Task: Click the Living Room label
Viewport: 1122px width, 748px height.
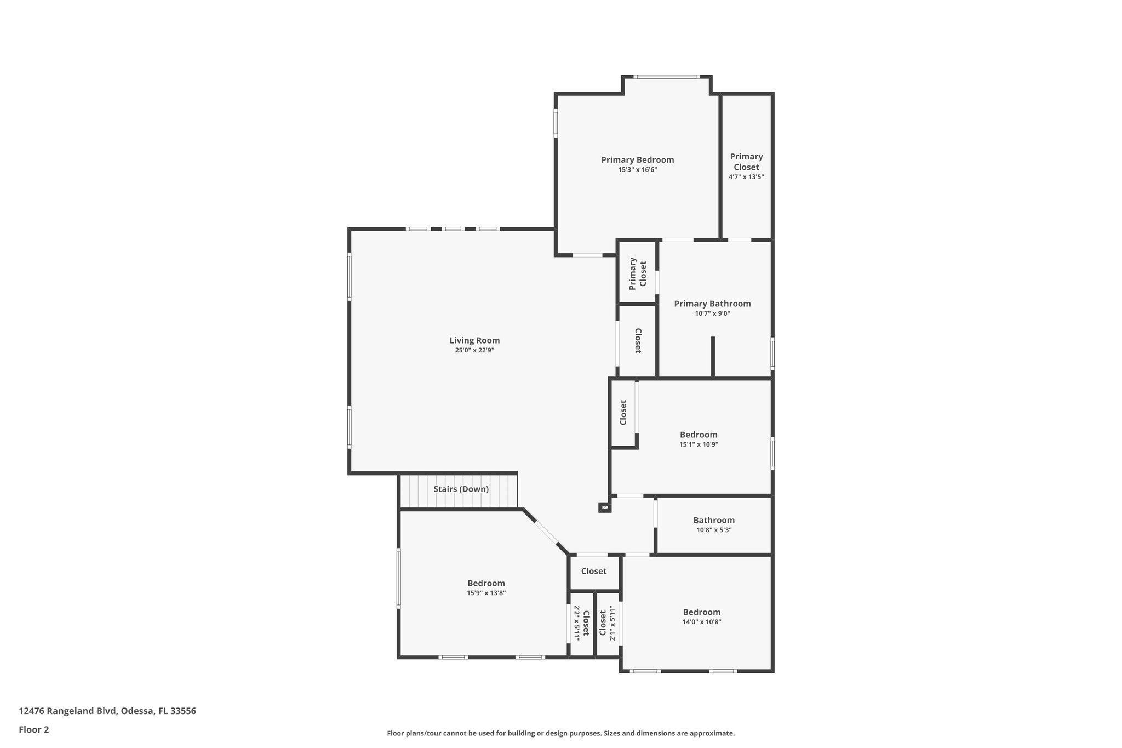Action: click(x=474, y=340)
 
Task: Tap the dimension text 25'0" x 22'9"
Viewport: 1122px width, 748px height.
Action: click(x=474, y=350)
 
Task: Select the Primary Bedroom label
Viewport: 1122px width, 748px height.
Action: click(x=637, y=160)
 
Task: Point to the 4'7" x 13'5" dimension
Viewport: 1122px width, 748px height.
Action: click(x=746, y=177)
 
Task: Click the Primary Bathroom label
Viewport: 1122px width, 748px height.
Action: click(x=712, y=304)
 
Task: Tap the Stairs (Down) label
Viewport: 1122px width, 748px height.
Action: click(x=461, y=489)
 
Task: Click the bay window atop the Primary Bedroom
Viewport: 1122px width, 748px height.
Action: click(x=667, y=77)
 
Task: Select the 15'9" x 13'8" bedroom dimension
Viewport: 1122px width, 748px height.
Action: click(x=486, y=593)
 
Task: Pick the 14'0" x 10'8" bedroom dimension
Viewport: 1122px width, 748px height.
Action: click(x=702, y=622)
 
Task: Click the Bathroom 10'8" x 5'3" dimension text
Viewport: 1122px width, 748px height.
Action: click(x=713, y=530)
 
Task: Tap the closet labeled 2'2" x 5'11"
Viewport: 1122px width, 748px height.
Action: click(x=581, y=624)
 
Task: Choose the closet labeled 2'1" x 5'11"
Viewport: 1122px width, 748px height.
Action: click(x=608, y=624)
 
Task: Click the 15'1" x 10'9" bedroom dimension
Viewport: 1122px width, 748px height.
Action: click(x=699, y=444)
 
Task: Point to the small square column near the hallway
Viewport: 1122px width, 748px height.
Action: click(x=604, y=508)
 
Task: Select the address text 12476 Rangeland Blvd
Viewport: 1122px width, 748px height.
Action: click(x=107, y=711)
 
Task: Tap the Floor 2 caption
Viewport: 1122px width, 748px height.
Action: click(x=34, y=729)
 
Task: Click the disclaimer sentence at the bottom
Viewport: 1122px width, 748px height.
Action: click(x=560, y=733)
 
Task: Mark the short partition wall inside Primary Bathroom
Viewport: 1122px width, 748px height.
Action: click(x=713, y=357)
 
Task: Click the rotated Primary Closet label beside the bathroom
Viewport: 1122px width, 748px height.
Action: click(x=638, y=273)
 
